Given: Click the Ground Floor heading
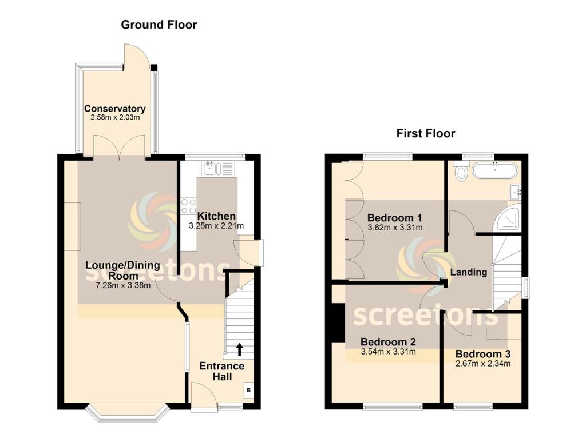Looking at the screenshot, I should [159, 25].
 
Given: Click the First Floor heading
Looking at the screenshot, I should [426, 133].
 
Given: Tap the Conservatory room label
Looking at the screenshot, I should [114, 109].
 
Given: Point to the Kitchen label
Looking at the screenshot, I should [216, 216].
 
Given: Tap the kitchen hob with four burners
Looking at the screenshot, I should [188, 206].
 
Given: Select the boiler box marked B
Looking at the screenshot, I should [248, 391].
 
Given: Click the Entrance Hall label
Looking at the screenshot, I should [221, 371].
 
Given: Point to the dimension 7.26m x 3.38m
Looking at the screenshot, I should [118, 285].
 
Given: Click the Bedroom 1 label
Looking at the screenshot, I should [394, 218].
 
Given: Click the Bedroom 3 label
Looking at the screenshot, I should [482, 353].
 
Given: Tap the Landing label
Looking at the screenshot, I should [468, 272].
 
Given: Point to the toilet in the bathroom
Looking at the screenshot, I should [460, 170].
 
